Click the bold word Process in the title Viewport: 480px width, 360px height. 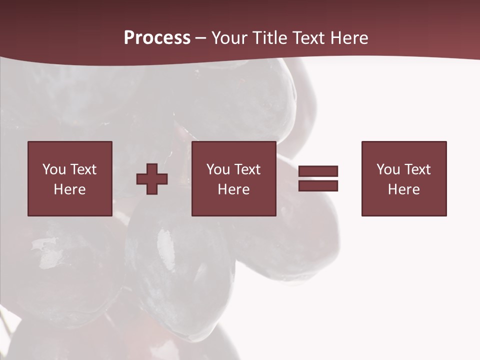[157, 38]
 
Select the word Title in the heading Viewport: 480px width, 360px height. [270, 38]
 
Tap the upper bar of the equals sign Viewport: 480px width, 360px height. [318, 171]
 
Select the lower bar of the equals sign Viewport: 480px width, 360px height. [318, 186]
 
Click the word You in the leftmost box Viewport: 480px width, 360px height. [54, 169]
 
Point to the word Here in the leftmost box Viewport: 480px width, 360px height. [69, 189]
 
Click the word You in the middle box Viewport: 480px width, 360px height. [218, 169]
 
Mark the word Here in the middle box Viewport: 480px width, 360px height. [233, 189]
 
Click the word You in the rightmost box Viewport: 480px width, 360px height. [388, 169]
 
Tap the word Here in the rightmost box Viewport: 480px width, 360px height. [403, 189]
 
